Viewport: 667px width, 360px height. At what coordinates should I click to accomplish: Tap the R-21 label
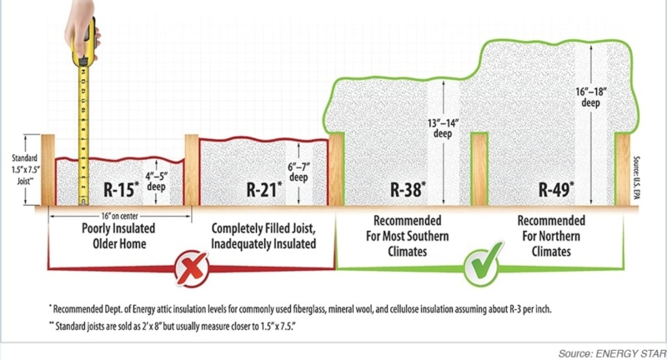click(x=266, y=189)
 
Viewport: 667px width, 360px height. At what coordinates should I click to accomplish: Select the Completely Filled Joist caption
click(x=263, y=236)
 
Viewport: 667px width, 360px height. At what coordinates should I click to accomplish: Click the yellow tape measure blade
click(x=83, y=125)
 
